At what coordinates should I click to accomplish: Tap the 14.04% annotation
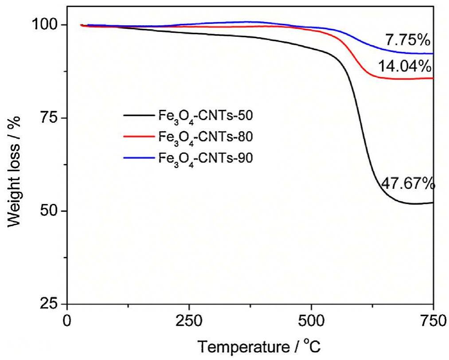(404, 67)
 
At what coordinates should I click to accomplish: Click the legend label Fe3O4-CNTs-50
(205, 117)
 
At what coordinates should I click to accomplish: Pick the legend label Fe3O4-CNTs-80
(205, 137)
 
